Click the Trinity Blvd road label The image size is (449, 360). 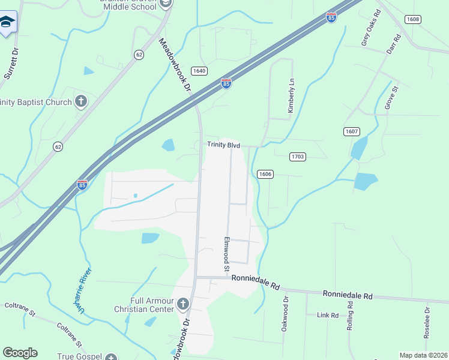pyautogui.click(x=223, y=145)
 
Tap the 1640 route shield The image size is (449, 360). pyautogui.click(x=199, y=71)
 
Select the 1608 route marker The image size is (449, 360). pyautogui.click(x=412, y=19)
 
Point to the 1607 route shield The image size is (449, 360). pyautogui.click(x=352, y=131)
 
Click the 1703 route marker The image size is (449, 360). pyautogui.click(x=298, y=157)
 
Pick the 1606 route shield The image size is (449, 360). pyautogui.click(x=265, y=174)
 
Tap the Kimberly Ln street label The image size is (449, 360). pyautogui.click(x=291, y=96)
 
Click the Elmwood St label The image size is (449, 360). pyautogui.click(x=228, y=251)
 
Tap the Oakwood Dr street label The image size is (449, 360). pyautogui.click(x=286, y=314)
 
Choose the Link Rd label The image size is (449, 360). pyautogui.click(x=328, y=315)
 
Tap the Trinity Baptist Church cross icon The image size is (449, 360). pyautogui.click(x=81, y=101)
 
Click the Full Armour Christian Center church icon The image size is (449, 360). pyautogui.click(x=183, y=305)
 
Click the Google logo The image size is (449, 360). pyautogui.click(x=20, y=353)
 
